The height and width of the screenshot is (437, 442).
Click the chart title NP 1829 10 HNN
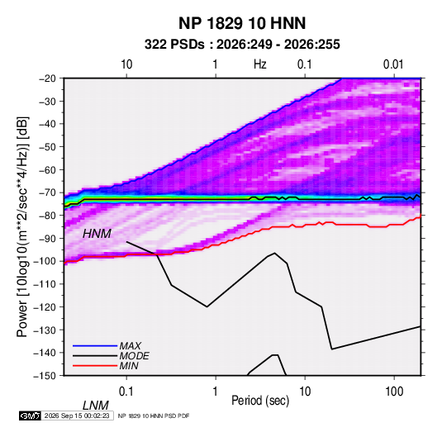coord(242,23)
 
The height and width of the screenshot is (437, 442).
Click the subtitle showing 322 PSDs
coord(242,45)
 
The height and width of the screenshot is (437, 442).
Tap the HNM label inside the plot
coord(97,234)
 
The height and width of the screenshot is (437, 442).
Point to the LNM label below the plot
coord(96,406)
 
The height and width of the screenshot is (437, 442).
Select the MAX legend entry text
coord(131,345)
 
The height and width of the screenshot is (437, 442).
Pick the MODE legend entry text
coord(134,356)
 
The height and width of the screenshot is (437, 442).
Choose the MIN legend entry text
coord(129,366)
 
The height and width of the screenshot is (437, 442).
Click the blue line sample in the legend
coord(95,346)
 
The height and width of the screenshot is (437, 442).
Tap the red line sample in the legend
coord(95,366)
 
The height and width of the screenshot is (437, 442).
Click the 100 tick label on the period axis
coord(394,392)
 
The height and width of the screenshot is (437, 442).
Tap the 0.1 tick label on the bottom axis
coord(126,392)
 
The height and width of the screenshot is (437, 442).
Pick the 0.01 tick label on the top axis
coord(393,64)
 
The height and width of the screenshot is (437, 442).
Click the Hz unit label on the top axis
coord(260,64)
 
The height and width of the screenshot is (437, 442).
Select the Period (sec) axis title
coord(260,401)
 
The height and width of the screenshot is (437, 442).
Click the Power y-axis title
coord(22,226)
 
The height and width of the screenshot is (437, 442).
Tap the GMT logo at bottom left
coord(31,416)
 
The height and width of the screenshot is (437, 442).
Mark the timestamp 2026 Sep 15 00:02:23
coord(77,416)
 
